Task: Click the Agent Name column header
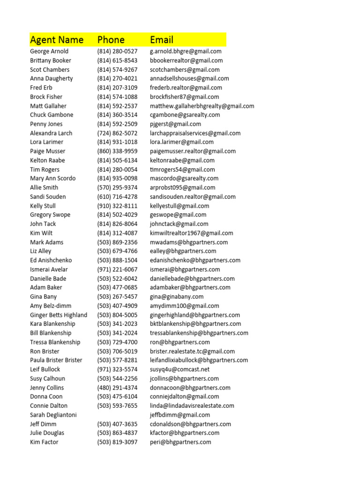57,40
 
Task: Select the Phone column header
111,40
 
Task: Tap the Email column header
162,40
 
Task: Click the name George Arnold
49,52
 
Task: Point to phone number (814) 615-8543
117,60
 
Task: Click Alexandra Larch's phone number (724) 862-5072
117,133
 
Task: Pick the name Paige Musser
48,151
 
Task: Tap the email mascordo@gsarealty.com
184,179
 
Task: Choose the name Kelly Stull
43,206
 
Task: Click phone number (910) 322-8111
117,206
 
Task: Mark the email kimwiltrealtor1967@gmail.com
191,233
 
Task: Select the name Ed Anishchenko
51,260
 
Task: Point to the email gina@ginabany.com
177,297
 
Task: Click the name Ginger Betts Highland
59,315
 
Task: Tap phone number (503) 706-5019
117,351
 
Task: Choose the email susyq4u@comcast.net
180,369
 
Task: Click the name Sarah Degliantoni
53,415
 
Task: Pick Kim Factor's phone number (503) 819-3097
117,442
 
